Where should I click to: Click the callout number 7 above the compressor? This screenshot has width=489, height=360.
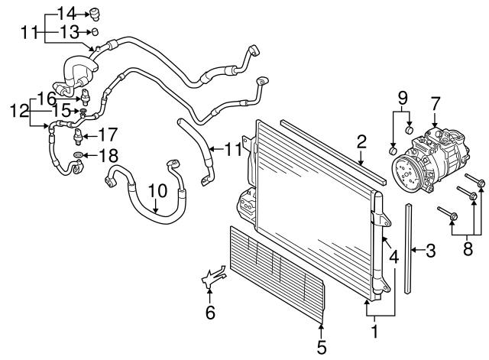(x=436, y=102)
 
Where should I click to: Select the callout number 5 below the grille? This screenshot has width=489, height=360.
(x=322, y=347)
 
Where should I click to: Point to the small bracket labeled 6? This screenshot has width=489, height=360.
(x=213, y=279)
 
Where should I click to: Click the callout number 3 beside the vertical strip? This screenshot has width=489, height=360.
(x=432, y=250)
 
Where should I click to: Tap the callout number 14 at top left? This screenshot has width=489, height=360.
(x=67, y=12)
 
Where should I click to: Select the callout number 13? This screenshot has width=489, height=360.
(x=69, y=31)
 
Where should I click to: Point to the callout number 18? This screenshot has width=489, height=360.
(x=109, y=155)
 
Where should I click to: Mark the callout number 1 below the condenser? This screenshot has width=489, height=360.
(x=374, y=333)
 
